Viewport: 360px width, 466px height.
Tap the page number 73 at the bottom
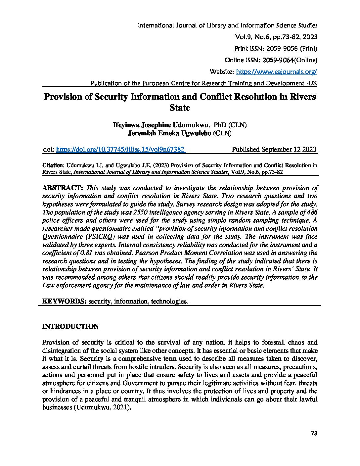(314, 434)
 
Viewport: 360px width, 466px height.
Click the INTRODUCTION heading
(70, 326)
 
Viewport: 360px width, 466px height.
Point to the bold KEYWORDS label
(64, 301)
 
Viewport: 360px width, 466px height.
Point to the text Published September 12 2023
(274, 150)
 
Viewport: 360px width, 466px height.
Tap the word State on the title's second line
(180, 108)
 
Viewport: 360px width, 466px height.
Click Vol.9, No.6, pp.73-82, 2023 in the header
(276, 37)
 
